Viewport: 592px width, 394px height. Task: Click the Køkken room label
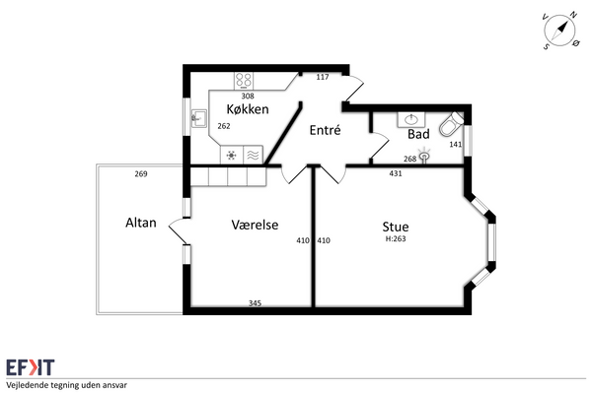pos(248,109)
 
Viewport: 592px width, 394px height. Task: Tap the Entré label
pos(325,130)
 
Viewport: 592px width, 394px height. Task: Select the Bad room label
pos(418,134)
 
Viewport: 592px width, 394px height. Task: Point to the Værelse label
pos(255,225)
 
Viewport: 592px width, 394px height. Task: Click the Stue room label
pos(396,227)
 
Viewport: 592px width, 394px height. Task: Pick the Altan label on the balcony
pos(141,223)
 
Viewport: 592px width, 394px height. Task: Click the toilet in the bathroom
pos(452,124)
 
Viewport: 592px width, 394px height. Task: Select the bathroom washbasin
pos(411,120)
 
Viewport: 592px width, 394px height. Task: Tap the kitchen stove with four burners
pos(244,81)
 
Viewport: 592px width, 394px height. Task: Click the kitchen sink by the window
pos(199,118)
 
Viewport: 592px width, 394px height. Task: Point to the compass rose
pos(560,31)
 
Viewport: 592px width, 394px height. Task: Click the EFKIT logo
pos(31,367)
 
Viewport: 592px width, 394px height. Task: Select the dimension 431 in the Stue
pos(396,173)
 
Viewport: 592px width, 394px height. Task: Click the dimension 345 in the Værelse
pos(255,302)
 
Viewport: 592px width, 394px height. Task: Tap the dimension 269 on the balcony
pos(141,173)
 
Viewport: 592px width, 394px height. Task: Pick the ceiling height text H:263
pos(396,238)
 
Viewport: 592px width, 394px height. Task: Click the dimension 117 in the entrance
pos(323,77)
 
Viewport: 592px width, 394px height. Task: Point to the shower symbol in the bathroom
pos(424,155)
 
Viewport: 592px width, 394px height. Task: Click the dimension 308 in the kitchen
pos(248,96)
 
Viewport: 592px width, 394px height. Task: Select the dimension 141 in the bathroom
pos(456,144)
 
